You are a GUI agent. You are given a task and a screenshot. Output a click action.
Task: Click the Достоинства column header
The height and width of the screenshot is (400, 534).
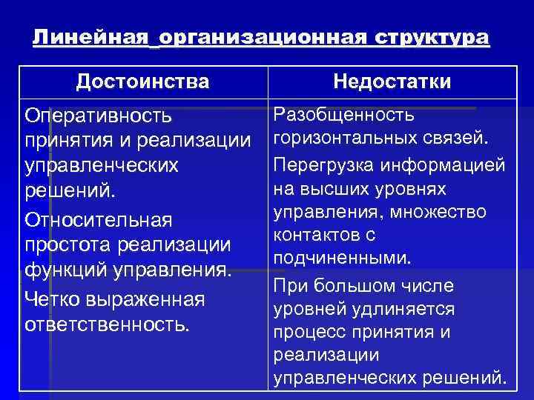point(142,81)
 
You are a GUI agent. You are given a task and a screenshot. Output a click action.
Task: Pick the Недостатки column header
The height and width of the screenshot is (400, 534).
point(392,81)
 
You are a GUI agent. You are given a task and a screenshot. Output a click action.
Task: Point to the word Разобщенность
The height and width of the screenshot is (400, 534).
point(344,116)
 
